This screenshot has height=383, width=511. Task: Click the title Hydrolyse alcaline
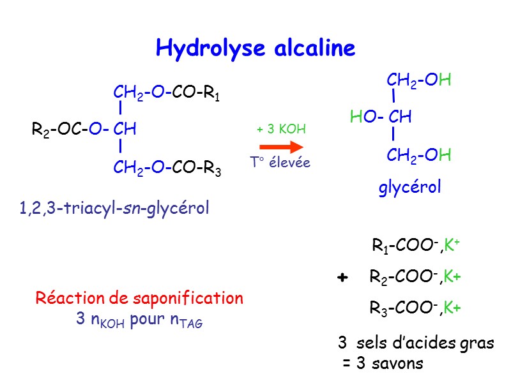(255, 48)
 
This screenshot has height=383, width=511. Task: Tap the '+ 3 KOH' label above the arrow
(281, 130)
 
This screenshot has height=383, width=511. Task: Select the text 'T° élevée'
(280, 163)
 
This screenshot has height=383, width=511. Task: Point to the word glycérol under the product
(410, 188)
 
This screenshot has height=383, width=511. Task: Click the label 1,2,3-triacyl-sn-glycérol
(114, 208)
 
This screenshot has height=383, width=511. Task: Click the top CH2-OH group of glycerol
(419, 80)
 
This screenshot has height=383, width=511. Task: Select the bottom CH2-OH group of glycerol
(419, 155)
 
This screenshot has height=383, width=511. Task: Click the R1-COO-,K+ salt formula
(416, 246)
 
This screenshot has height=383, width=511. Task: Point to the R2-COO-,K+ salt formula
(415, 277)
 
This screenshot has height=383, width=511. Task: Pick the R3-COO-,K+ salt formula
(415, 308)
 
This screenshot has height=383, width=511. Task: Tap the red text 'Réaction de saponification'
(139, 298)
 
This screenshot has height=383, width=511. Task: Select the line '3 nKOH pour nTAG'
(139, 320)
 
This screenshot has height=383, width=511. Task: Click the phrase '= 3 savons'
(382, 364)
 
